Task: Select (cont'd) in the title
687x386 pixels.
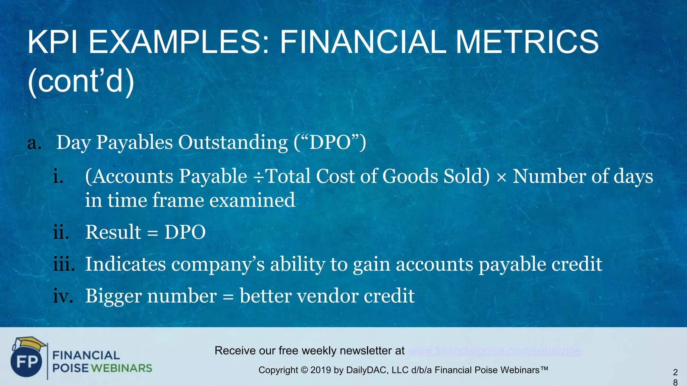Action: pos(81,81)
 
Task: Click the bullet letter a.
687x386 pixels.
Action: pos(34,143)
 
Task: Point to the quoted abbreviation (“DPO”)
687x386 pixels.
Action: pos(330,142)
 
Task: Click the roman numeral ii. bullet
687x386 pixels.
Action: pos(61,232)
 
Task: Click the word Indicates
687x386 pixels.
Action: pos(125,264)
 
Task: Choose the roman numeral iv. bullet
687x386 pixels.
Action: pos(63,296)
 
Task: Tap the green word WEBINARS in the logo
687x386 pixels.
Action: pos(121,368)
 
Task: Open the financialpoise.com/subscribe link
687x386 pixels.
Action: pos(494,351)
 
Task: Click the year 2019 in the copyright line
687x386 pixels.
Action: pos(321,370)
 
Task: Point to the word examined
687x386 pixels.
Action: pos(252,200)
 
